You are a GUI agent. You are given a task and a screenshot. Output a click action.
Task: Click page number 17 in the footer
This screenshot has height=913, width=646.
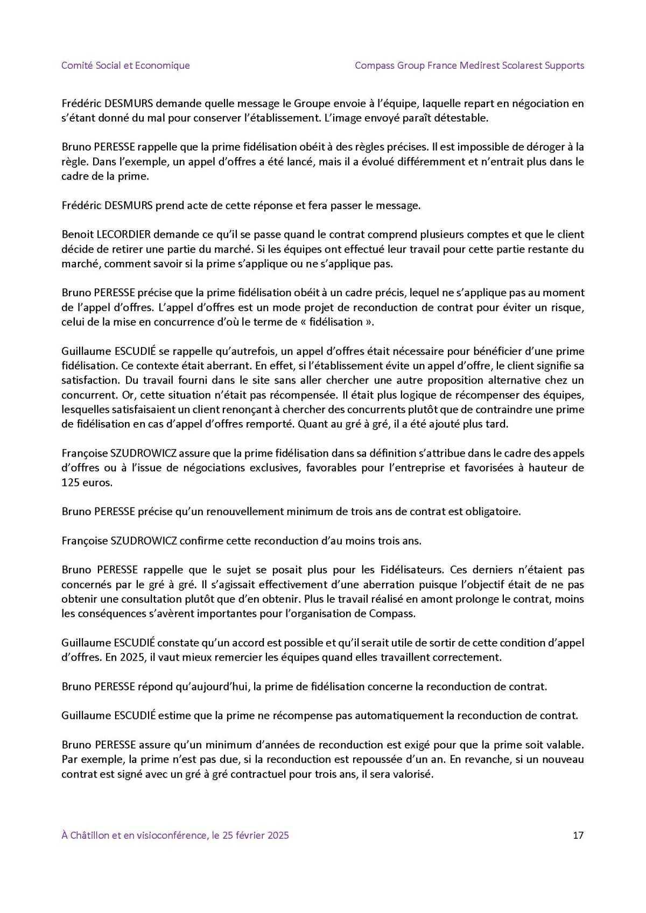578,836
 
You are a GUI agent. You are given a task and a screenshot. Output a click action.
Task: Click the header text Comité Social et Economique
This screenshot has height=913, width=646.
125,66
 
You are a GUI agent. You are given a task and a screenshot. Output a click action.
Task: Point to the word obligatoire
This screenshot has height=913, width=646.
493,511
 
